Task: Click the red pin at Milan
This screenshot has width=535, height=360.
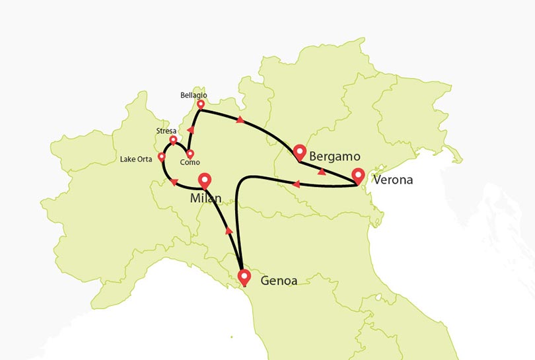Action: pyautogui.click(x=205, y=179)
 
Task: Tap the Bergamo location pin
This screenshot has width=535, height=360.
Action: pyautogui.click(x=300, y=151)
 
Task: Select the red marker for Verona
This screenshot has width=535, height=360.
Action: pyautogui.click(x=358, y=176)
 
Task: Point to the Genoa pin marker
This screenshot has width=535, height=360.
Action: pyautogui.click(x=244, y=277)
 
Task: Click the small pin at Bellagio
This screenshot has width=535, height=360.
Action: pyautogui.click(x=201, y=104)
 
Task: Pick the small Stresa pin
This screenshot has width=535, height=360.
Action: pyautogui.click(x=173, y=140)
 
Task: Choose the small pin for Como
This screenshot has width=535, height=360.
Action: pyautogui.click(x=190, y=154)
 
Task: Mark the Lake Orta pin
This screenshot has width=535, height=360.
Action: pyautogui.click(x=161, y=157)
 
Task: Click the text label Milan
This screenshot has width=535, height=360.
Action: pyautogui.click(x=205, y=199)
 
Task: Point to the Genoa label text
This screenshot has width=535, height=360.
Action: pyautogui.click(x=279, y=280)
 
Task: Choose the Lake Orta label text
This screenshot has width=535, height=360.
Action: pyautogui.click(x=137, y=159)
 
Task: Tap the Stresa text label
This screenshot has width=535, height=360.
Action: pyautogui.click(x=166, y=131)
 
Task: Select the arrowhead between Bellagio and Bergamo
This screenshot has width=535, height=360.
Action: pyautogui.click(x=240, y=120)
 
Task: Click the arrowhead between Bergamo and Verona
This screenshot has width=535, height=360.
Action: pyautogui.click(x=321, y=171)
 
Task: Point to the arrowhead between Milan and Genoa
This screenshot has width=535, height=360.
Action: pyautogui.click(x=229, y=231)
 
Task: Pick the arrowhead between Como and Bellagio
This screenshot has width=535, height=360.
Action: pyautogui.click(x=191, y=129)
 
